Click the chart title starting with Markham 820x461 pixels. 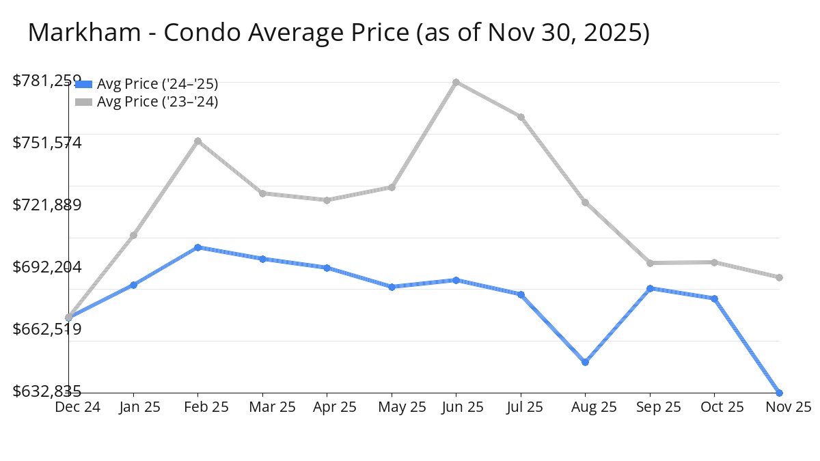338,33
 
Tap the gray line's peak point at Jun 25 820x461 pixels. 456,82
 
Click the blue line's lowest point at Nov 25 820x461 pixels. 779,393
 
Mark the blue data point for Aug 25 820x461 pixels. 586,362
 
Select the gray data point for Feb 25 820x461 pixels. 197,141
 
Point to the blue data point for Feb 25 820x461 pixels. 197,247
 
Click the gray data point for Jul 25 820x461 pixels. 521,117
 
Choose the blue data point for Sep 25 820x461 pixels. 650,288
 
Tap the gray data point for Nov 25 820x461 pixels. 779,277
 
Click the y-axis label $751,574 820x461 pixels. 47,143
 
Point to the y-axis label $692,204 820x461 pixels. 47,267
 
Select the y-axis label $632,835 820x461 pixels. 47,391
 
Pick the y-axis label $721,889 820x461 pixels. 47,205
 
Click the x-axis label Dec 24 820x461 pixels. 77,407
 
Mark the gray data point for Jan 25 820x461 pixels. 133,236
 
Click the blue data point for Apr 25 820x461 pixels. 327,268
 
